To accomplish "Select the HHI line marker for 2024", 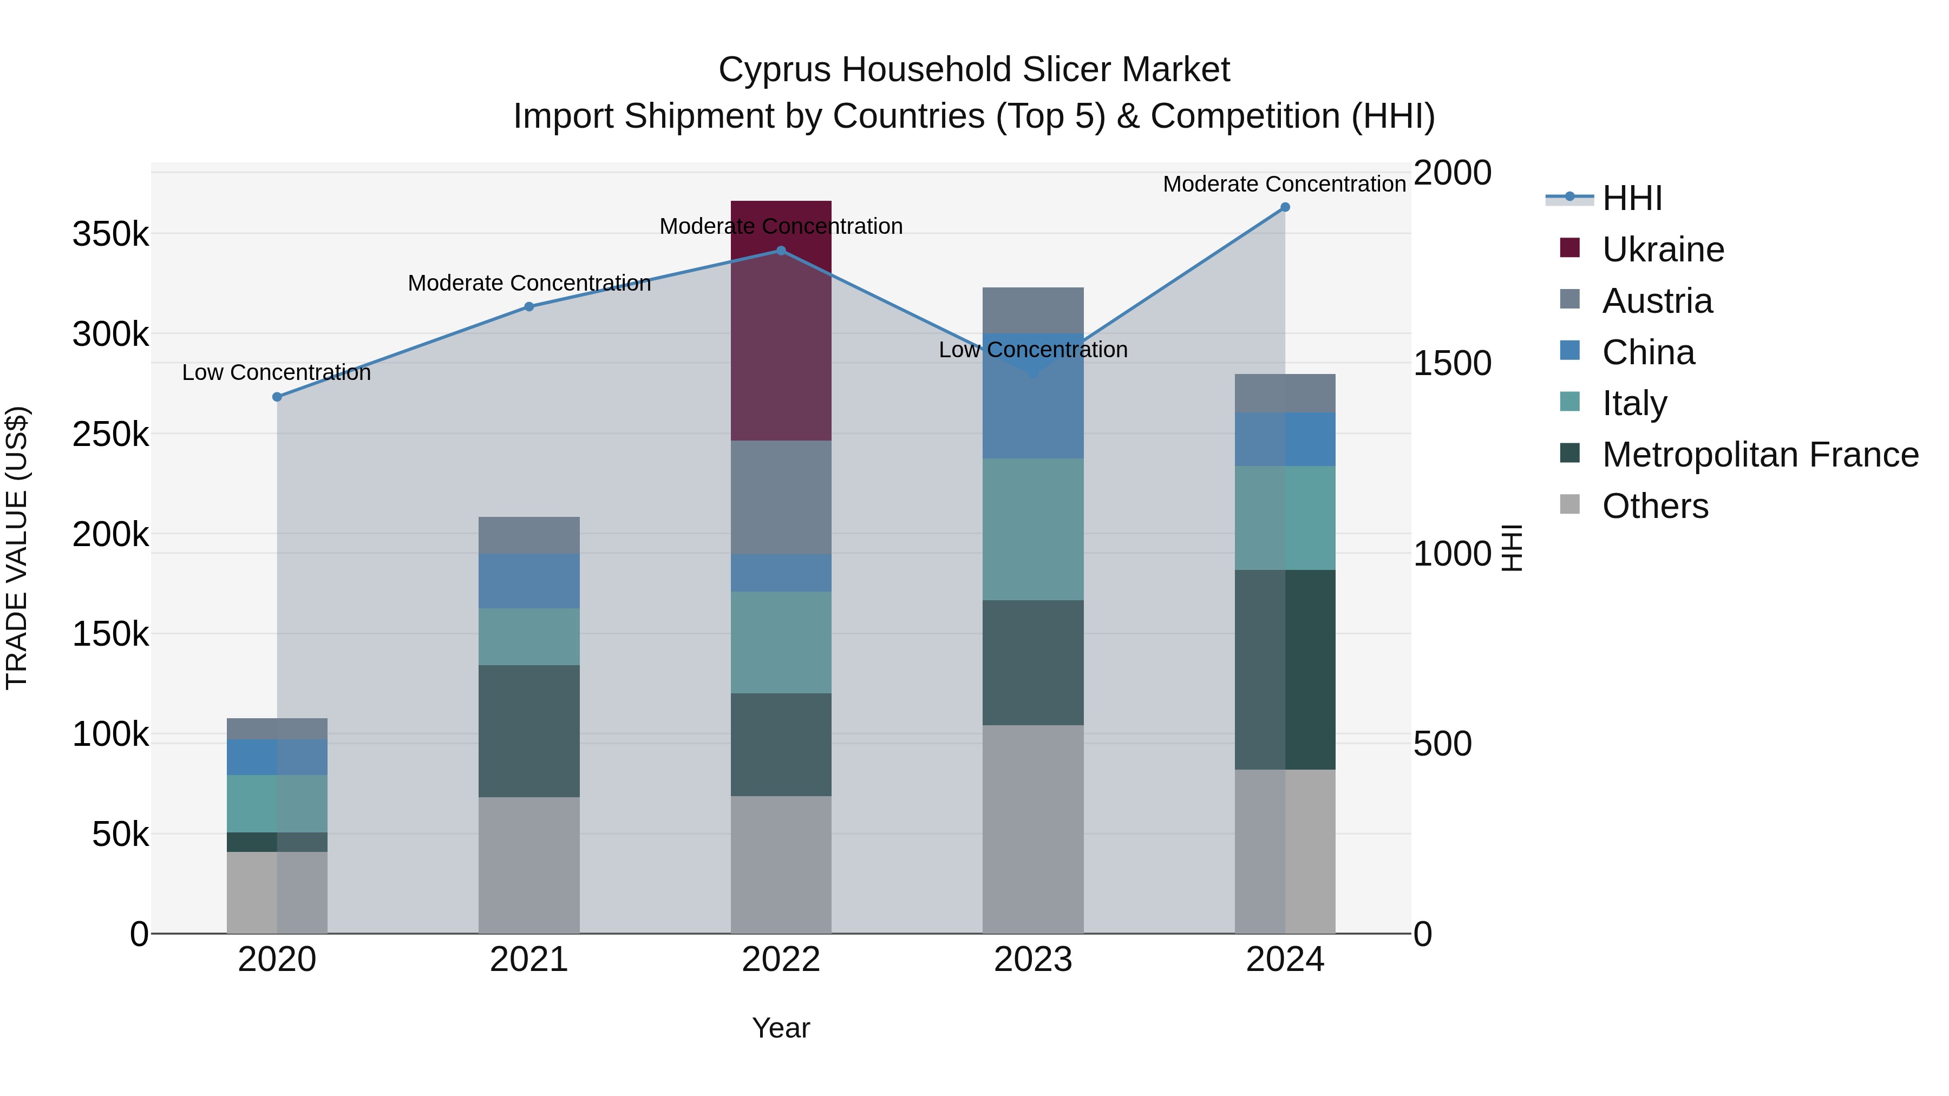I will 1285,207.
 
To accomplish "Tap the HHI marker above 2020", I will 277,397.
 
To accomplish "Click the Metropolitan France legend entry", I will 1760,455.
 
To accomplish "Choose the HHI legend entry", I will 1632,198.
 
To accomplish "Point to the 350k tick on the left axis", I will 110,234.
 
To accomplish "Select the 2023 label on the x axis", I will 1033,960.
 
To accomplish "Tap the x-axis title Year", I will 781,1028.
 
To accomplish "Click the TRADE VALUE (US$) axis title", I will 17,548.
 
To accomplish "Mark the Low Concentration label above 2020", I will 277,373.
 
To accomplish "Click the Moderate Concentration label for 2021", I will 529,284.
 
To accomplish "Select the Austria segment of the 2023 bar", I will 1033,310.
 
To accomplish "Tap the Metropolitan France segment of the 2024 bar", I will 1285,670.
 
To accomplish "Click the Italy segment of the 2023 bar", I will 1033,529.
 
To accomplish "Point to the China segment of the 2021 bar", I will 529,581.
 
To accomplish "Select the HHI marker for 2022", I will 781,251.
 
